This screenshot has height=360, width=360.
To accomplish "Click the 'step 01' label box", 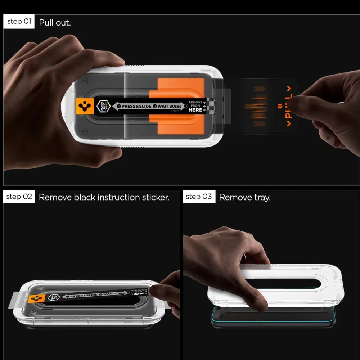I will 19,22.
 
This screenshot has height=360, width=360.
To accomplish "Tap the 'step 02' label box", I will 19,197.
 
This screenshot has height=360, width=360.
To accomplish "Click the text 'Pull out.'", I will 55,22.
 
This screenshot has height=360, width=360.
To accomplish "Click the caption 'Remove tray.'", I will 245,197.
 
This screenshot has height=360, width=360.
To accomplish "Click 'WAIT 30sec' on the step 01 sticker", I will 168,107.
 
